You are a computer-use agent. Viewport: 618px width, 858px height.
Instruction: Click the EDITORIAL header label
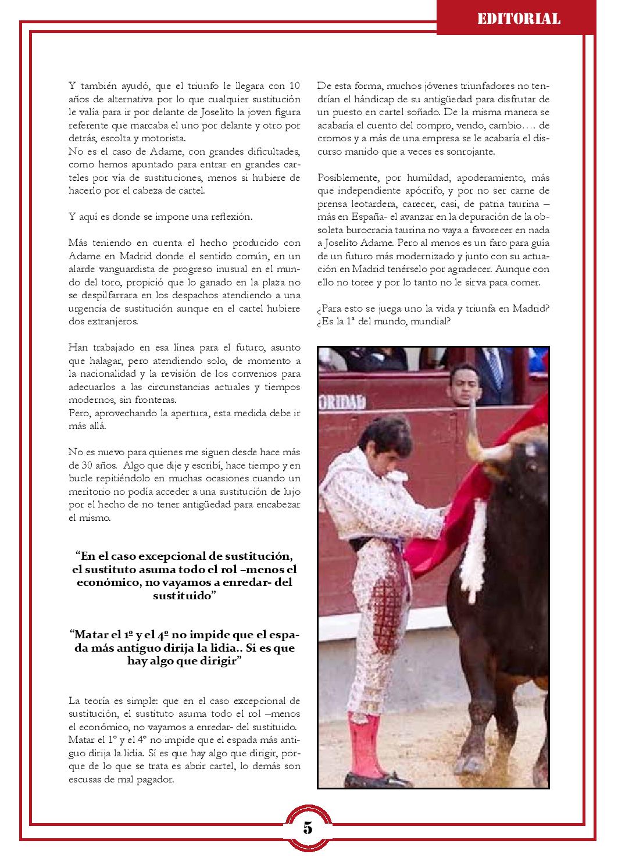coord(519,19)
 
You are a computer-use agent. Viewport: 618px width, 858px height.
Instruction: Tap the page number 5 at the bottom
coord(308,828)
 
